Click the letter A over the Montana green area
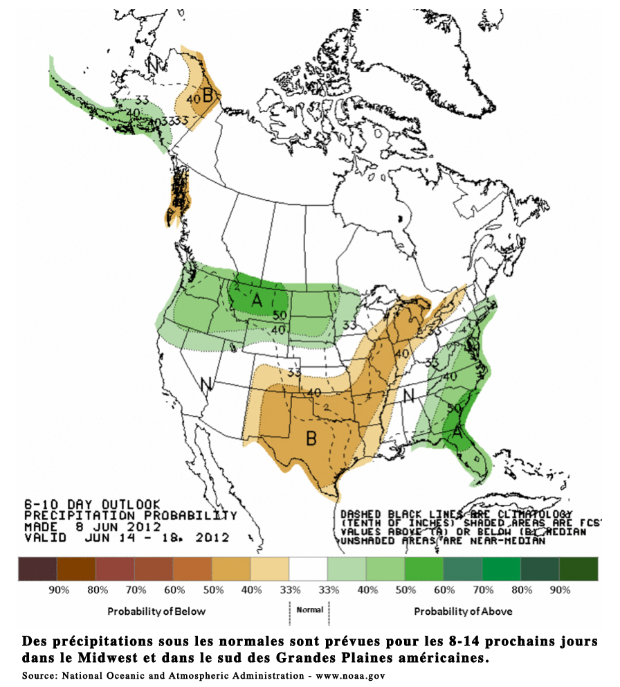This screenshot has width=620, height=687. tap(257, 301)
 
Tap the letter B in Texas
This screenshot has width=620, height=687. tap(311, 437)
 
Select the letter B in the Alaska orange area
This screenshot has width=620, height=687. tap(207, 96)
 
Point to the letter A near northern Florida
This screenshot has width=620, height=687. tap(457, 430)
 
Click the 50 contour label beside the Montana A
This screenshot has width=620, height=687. tap(280, 316)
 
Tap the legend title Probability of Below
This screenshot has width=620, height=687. tap(156, 612)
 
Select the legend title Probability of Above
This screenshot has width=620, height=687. tap(462, 612)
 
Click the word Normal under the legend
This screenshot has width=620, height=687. tap(309, 611)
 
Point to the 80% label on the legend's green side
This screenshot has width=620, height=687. tap(521, 590)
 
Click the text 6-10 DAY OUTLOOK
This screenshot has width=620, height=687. tap(92, 503)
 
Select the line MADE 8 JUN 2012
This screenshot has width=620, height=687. tap(92, 526)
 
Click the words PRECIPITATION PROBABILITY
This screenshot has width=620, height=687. tap(130, 515)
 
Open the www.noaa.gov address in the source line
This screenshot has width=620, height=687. tap(350, 675)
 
